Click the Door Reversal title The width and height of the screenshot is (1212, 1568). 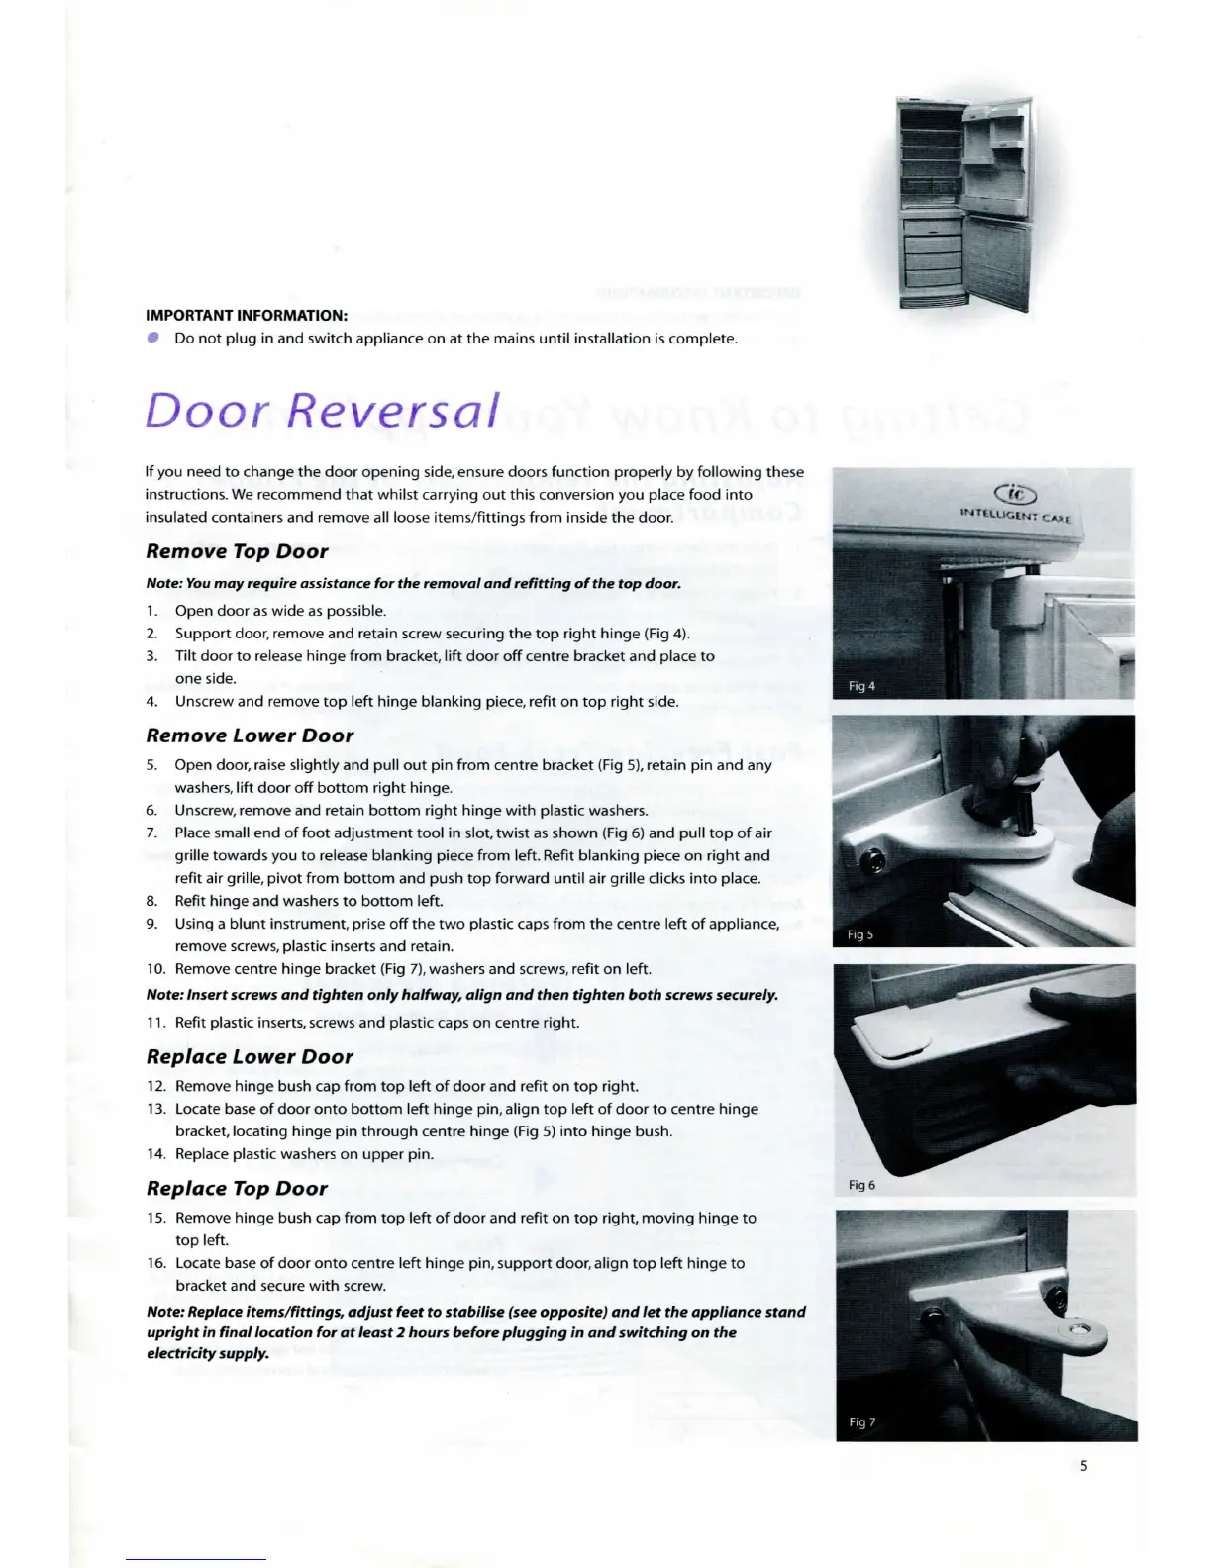(x=322, y=410)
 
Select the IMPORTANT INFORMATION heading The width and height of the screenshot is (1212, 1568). (x=247, y=316)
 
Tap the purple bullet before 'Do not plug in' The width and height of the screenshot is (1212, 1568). (x=153, y=338)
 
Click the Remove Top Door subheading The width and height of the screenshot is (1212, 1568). (x=237, y=551)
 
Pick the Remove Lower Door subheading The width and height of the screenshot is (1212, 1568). (x=250, y=735)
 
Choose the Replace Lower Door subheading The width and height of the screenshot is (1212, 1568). (x=250, y=1056)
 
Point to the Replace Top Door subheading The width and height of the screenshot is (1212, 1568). (x=237, y=1188)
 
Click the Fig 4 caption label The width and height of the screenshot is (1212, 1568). (x=861, y=686)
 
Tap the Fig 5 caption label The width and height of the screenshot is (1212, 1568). (x=860, y=934)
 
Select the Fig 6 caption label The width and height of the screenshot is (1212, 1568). (x=861, y=1185)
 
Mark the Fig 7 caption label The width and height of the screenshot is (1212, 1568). (x=861, y=1422)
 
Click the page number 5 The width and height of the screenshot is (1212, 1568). (x=1083, y=1466)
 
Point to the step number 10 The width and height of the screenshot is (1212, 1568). (x=155, y=969)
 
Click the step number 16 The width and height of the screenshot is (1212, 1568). (x=155, y=1263)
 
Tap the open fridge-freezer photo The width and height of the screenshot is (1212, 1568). (x=963, y=205)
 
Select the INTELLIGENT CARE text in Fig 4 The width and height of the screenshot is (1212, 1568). (x=1015, y=515)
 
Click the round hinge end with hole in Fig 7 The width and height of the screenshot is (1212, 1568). (x=1075, y=1328)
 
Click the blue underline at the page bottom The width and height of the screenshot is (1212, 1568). (x=196, y=1559)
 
